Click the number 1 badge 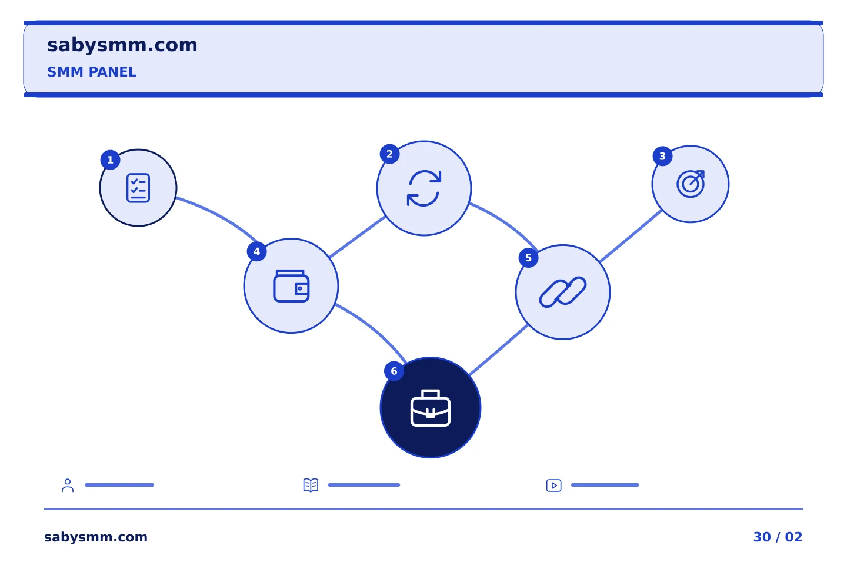click(x=110, y=159)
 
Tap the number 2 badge click(x=389, y=154)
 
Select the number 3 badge click(x=662, y=156)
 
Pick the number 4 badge click(x=256, y=251)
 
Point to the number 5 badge click(x=528, y=258)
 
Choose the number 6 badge click(x=394, y=371)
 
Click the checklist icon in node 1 click(x=138, y=188)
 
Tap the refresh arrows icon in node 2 click(x=424, y=188)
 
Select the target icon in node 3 click(x=691, y=184)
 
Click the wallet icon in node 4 click(x=291, y=285)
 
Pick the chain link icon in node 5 click(x=563, y=292)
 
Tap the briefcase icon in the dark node click(x=431, y=408)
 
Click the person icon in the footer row click(x=68, y=485)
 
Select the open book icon click(x=311, y=485)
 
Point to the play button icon click(x=553, y=486)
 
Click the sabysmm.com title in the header click(x=122, y=45)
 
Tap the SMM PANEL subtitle click(x=92, y=72)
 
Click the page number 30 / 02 click(x=778, y=537)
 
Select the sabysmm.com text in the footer click(x=96, y=537)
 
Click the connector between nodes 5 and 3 click(x=631, y=236)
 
